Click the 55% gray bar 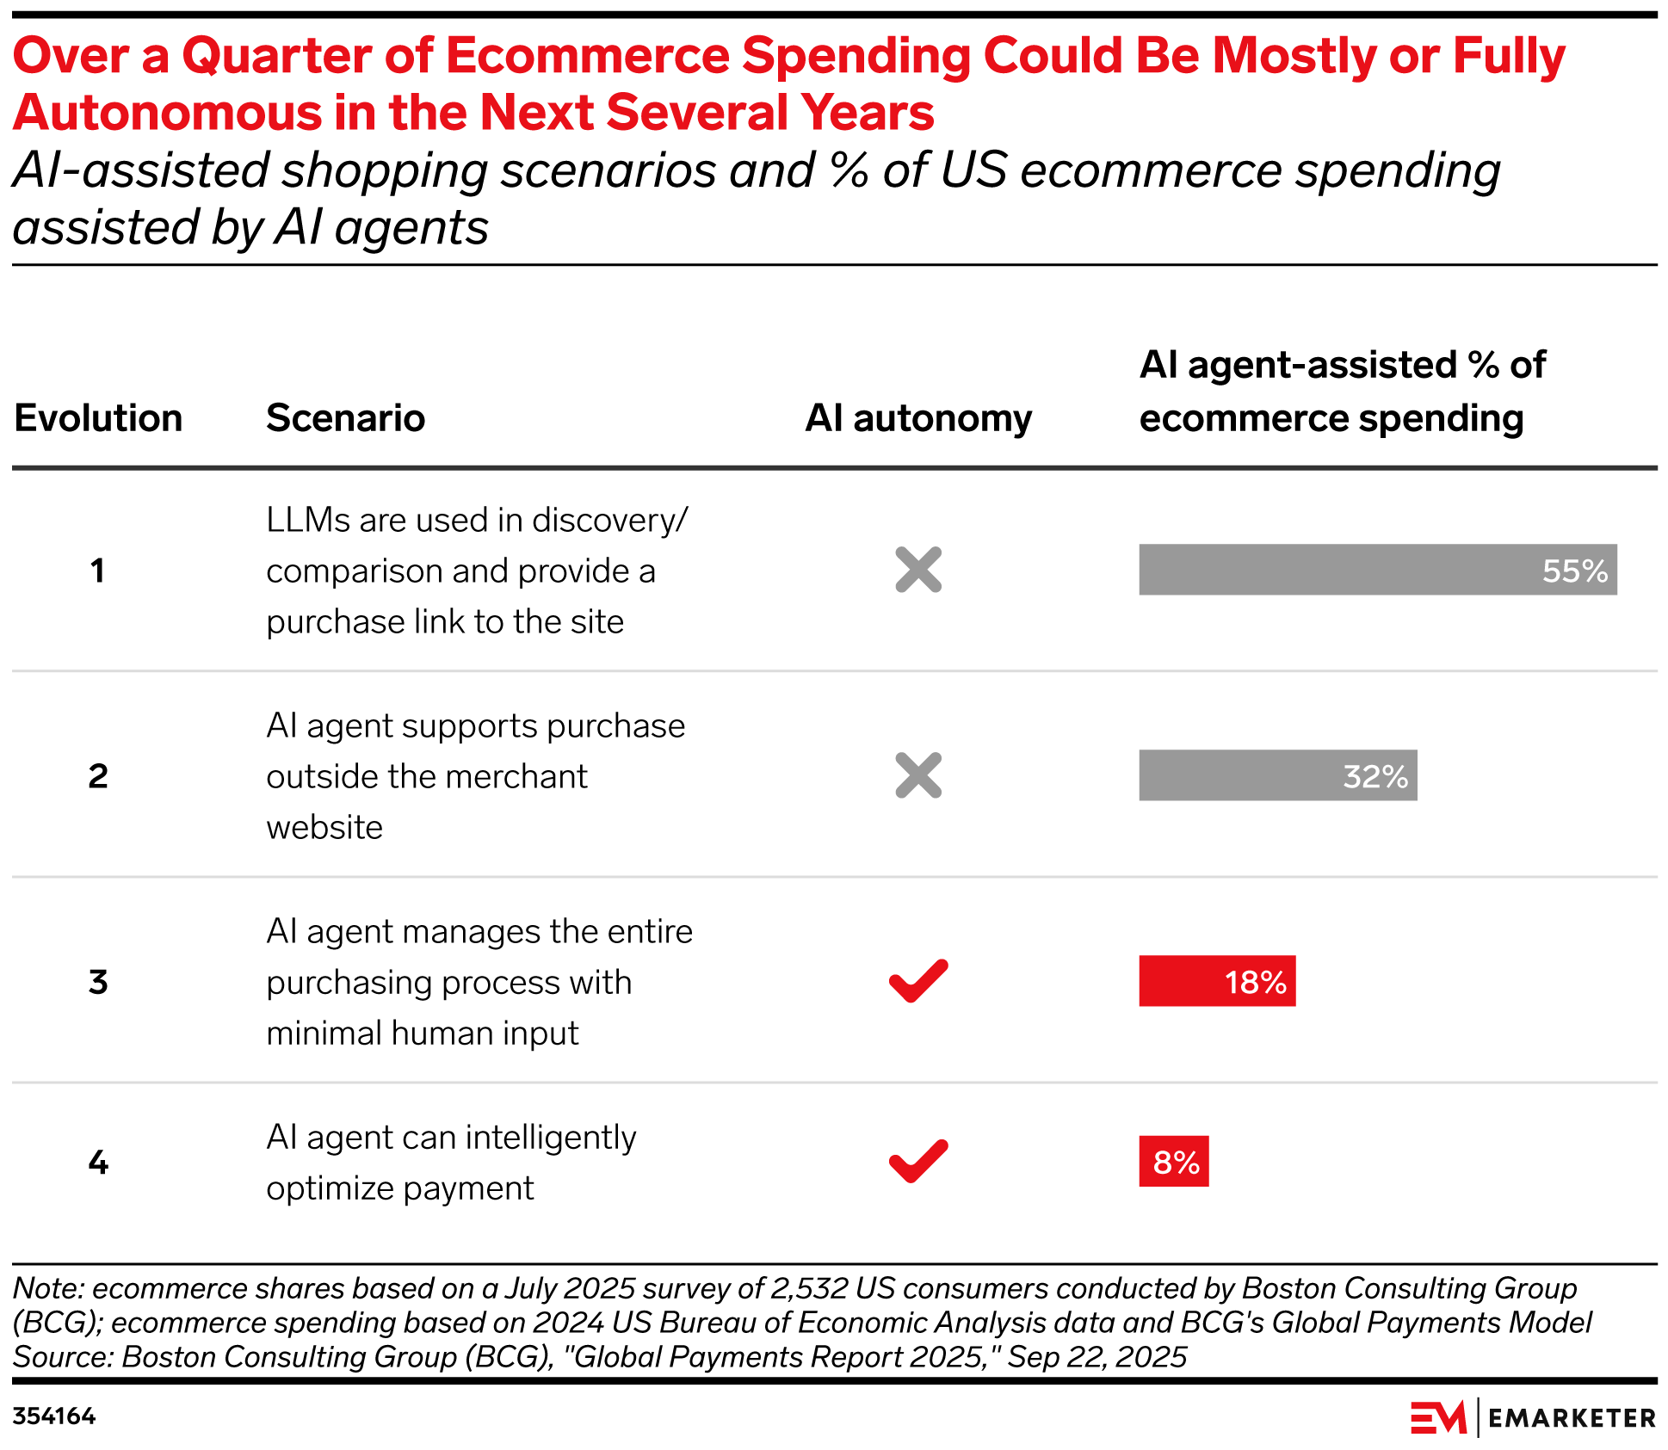pyautogui.click(x=1377, y=570)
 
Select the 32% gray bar pyautogui.click(x=1277, y=775)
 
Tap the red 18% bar pyautogui.click(x=1216, y=981)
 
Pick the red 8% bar pyautogui.click(x=1173, y=1162)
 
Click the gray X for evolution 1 pyautogui.click(x=918, y=570)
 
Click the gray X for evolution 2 pyautogui.click(x=918, y=775)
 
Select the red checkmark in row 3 pyautogui.click(x=918, y=981)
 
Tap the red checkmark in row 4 pyautogui.click(x=918, y=1162)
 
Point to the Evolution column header pyautogui.click(x=98, y=418)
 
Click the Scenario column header pyautogui.click(x=345, y=418)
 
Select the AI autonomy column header pyautogui.click(x=918, y=418)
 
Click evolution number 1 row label pyautogui.click(x=98, y=571)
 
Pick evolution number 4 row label pyautogui.click(x=98, y=1163)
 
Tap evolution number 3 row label pyautogui.click(x=98, y=982)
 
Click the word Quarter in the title pyautogui.click(x=276, y=56)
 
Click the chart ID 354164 pyautogui.click(x=53, y=1416)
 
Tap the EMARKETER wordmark pyautogui.click(x=1571, y=1418)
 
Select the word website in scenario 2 pyautogui.click(x=324, y=827)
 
